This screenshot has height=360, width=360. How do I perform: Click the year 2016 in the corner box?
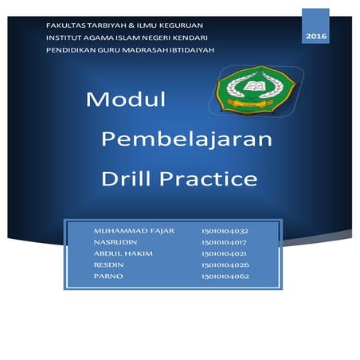click(315, 37)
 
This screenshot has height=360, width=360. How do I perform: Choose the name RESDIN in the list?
click(111, 264)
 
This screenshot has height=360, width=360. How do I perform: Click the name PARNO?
click(109, 276)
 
